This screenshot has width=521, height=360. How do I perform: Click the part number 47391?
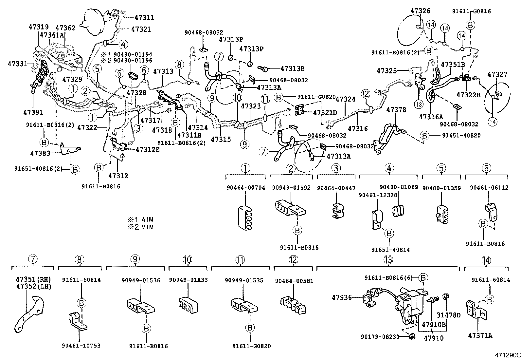coord(33,112)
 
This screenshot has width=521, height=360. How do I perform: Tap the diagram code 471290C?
coord(507,355)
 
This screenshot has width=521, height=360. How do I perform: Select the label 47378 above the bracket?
coord(396,110)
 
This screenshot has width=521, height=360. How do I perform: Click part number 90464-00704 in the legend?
coord(245,188)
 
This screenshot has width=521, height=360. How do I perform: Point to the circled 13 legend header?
coord(388,260)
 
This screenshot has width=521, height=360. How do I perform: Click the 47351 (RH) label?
coord(33,279)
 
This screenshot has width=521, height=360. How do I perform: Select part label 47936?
coord(342,297)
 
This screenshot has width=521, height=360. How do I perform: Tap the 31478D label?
coord(449,315)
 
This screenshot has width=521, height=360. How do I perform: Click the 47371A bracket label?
coord(480,335)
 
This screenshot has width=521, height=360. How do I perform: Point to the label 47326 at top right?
coord(420,11)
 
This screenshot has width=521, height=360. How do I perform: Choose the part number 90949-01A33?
coord(188,280)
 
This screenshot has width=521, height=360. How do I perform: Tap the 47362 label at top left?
coord(65,28)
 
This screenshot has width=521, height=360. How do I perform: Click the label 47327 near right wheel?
coord(497,74)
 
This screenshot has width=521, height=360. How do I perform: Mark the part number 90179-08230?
coord(380,336)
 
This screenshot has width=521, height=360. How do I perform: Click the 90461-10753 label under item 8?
coord(81,346)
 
